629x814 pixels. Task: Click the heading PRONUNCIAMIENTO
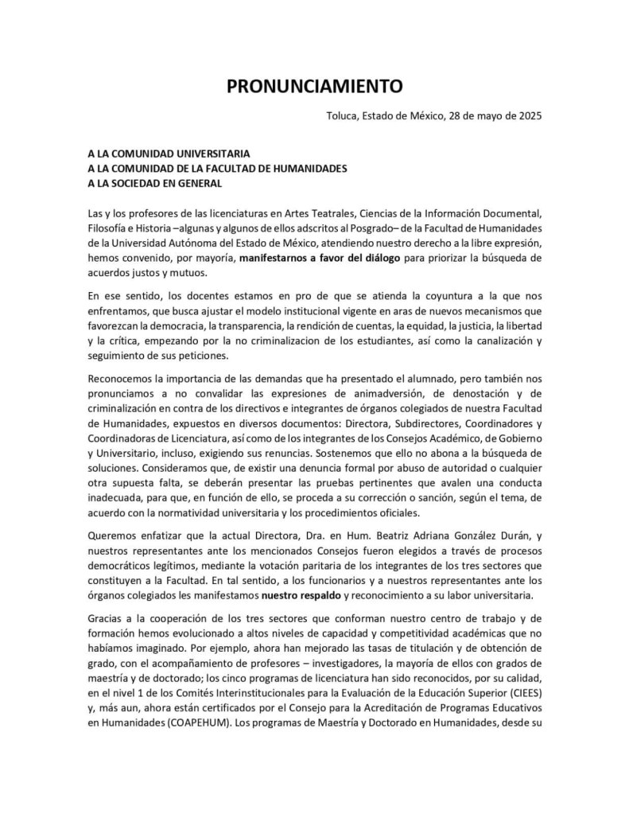tap(314, 86)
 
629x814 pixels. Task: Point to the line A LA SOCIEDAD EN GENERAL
tap(155, 183)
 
